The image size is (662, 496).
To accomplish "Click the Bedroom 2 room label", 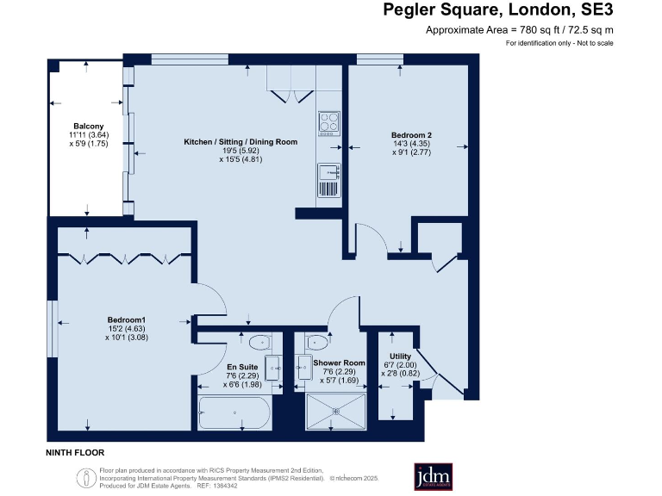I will point(411,135).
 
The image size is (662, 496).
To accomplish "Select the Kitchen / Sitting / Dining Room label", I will point(240,141).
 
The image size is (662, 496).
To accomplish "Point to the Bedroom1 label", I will point(127,320).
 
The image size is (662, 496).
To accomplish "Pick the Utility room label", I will point(401,356).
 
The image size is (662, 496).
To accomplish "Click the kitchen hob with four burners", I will point(328,124).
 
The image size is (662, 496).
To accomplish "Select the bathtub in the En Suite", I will point(234,413).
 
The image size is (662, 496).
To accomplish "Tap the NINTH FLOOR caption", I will point(75,452).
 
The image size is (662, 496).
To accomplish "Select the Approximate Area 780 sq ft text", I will point(520,30).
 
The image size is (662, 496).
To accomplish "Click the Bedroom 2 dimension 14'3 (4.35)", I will point(411,144).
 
